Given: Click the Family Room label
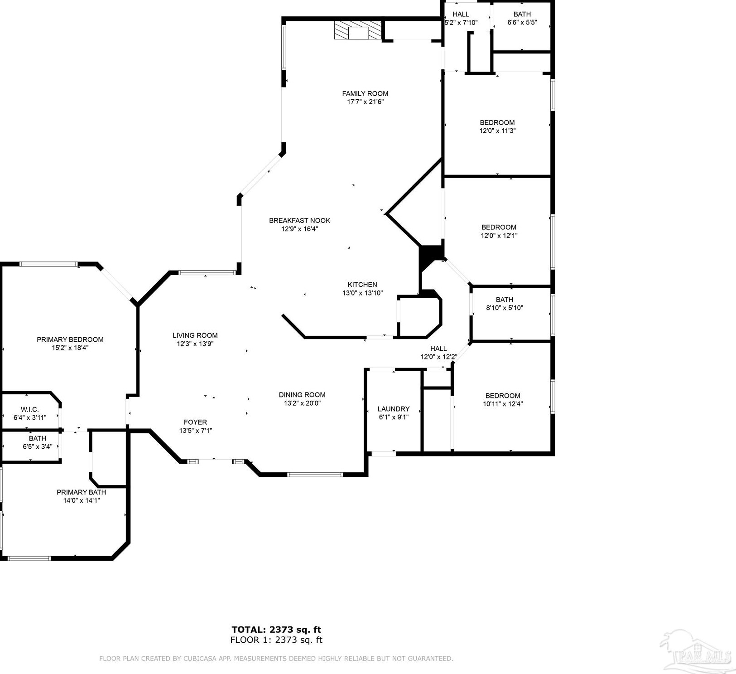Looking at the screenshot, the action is [x=365, y=94].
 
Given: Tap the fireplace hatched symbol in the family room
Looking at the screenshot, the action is [x=358, y=30].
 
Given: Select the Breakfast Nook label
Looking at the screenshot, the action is [x=300, y=221].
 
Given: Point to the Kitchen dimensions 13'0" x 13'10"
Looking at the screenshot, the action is [x=362, y=293].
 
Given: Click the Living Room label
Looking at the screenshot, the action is [x=195, y=335].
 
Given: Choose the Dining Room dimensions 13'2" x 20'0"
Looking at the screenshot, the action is [x=302, y=403].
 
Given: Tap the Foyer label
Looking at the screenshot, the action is [x=196, y=422].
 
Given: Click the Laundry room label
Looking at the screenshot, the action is [x=394, y=409].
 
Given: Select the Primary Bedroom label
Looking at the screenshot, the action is [x=70, y=339].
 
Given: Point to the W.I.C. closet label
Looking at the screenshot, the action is [x=30, y=409].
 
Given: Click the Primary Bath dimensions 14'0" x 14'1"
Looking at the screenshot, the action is [x=82, y=500].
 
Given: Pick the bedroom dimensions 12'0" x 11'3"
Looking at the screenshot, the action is [x=498, y=131].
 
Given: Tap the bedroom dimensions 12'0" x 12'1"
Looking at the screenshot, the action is [x=499, y=236].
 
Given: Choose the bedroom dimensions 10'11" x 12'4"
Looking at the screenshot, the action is [x=503, y=404].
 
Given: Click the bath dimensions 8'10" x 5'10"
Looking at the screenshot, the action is [x=505, y=308].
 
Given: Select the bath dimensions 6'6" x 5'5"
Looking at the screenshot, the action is [x=522, y=22].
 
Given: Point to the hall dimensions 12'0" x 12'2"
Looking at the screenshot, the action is [x=438, y=357].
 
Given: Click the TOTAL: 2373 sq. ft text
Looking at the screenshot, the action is [x=276, y=630].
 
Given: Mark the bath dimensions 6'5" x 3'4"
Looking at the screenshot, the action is [x=38, y=446].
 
